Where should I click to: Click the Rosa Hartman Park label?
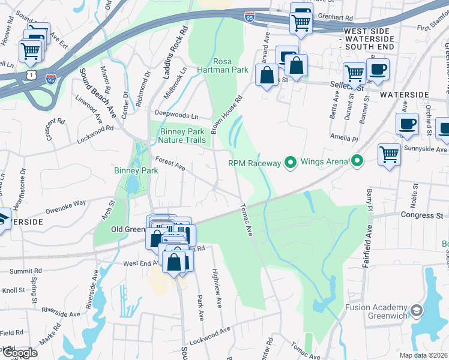click(x=231, y=65)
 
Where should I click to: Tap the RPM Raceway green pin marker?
click(x=291, y=162)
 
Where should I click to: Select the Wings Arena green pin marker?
click(x=358, y=161)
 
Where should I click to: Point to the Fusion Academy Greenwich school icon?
click(x=417, y=311)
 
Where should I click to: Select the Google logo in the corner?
click(x=19, y=352)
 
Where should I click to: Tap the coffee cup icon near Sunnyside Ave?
click(x=407, y=124)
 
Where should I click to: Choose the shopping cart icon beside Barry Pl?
click(x=389, y=154)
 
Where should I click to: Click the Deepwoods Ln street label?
click(x=176, y=114)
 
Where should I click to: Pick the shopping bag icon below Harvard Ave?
click(x=266, y=76)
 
